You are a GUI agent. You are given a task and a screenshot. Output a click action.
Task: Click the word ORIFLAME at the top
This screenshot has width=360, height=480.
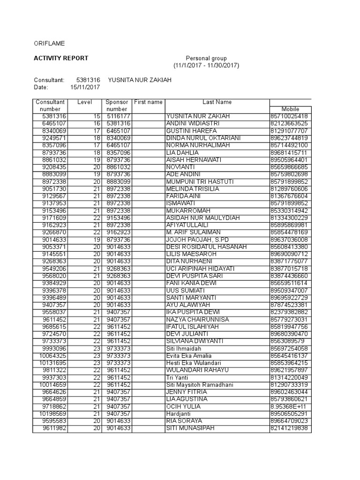pos(49,44)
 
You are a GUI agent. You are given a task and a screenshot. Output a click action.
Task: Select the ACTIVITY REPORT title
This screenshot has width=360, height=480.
pos(60,58)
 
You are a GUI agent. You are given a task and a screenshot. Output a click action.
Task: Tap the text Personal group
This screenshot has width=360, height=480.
pos(206,58)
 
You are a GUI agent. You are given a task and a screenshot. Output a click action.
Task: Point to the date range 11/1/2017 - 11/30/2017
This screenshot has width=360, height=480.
pos(206,66)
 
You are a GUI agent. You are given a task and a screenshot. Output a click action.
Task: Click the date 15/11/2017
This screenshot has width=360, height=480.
pos(85,87)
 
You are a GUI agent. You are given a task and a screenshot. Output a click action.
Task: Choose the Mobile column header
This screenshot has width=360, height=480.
pos(290,109)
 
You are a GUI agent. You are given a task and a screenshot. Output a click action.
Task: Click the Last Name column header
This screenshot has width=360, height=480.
pos(217,102)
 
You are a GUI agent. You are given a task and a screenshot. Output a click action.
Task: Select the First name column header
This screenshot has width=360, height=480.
pos(148,102)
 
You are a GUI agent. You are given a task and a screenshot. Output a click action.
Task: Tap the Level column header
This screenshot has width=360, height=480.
pos(85,102)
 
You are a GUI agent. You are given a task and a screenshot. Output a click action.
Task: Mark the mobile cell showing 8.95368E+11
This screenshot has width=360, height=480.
pos(289,406)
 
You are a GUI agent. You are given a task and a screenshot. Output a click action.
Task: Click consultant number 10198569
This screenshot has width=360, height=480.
pos(52,414)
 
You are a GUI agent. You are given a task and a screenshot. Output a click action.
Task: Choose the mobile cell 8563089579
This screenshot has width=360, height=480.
pos(287,341)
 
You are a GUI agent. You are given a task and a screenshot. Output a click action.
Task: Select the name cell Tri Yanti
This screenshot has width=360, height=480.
pos(178,377)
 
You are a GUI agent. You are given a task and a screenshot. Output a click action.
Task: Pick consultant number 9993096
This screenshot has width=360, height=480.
pos(54,348)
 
